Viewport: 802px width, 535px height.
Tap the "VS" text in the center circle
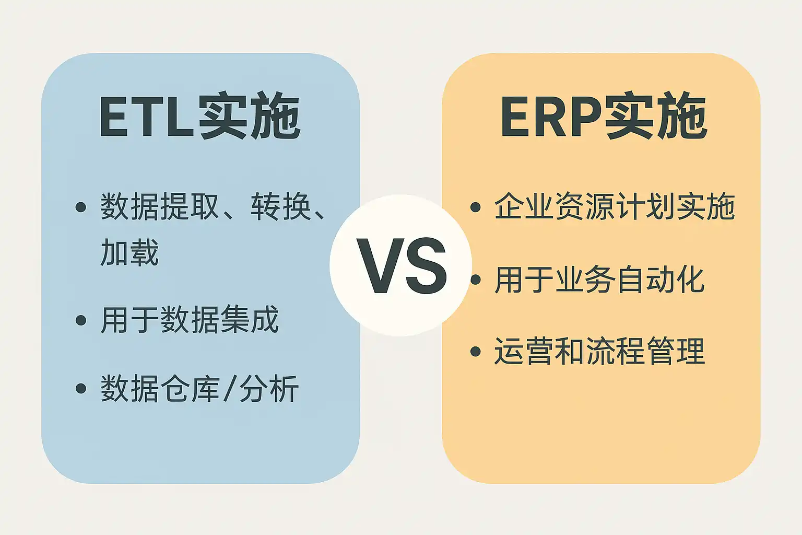[401, 265]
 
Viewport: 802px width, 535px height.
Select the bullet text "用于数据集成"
[190, 320]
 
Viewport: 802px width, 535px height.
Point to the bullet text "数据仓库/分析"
[199, 388]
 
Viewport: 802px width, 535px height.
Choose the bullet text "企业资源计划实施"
[615, 207]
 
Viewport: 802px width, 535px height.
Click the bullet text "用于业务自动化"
[599, 280]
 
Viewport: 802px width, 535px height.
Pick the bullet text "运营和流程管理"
[599, 351]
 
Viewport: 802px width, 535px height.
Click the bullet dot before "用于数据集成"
[81, 320]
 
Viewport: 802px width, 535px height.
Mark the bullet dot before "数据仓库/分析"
[81, 388]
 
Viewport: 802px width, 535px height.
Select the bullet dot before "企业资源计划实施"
[476, 207]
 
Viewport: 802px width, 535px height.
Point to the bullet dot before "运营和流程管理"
[476, 351]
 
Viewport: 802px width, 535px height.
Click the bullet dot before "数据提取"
[81, 207]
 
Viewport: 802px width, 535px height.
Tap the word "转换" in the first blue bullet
[280, 207]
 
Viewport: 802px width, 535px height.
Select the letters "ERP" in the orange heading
[551, 117]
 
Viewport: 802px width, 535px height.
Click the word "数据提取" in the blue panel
[159, 207]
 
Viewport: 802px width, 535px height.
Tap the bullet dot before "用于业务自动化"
[476, 280]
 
